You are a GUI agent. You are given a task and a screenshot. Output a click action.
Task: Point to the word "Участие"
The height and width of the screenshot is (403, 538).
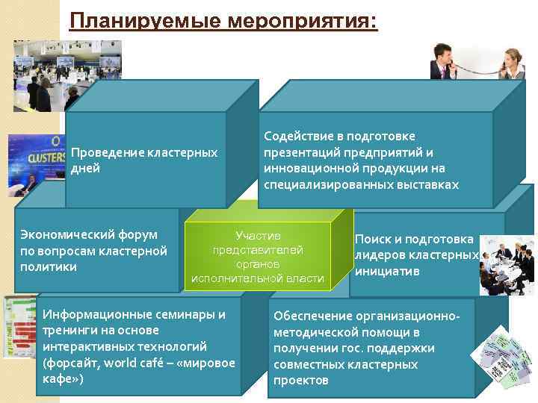258,234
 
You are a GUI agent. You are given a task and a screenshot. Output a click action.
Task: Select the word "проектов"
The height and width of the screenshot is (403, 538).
300,381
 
